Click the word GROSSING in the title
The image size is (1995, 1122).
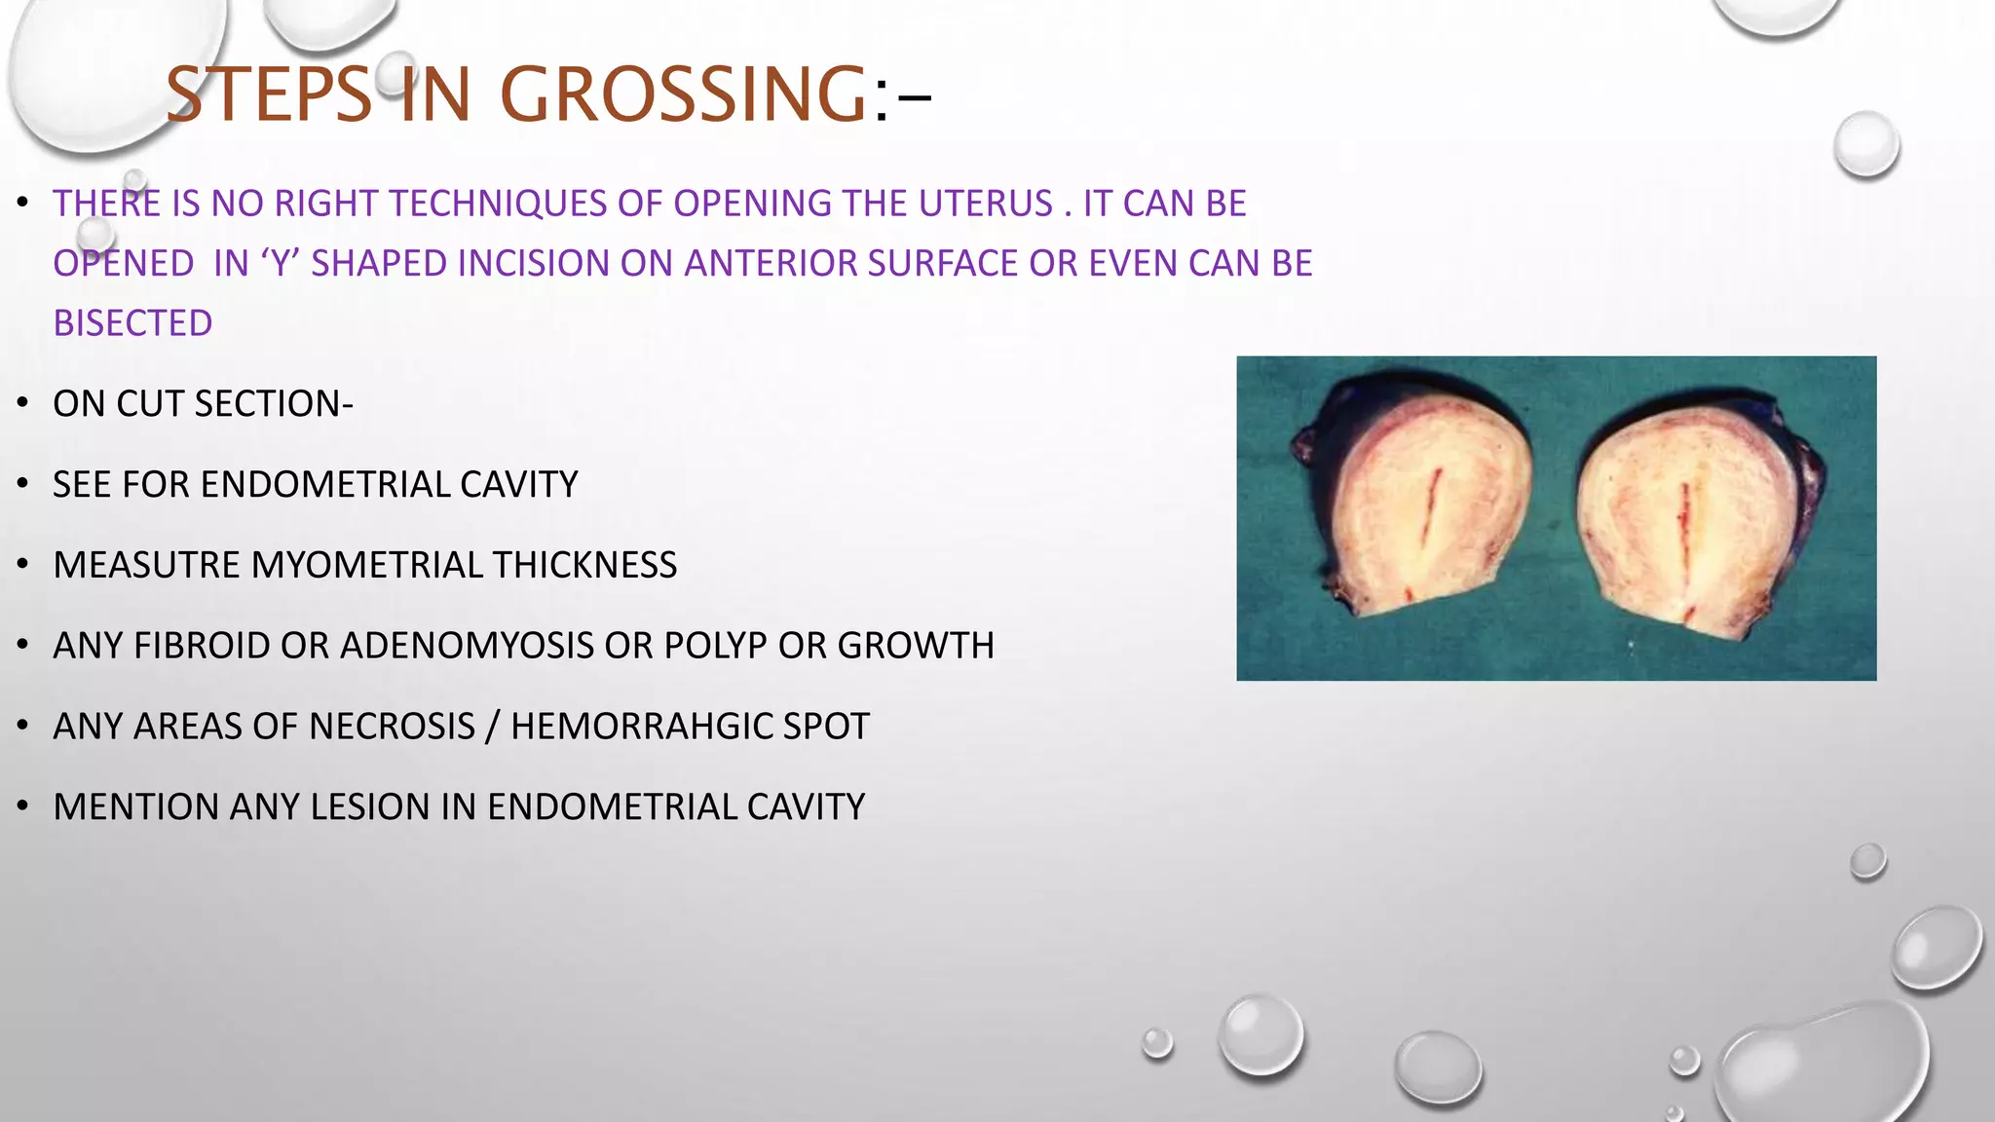click(682, 94)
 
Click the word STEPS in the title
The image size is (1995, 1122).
click(268, 94)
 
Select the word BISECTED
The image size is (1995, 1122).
click(132, 323)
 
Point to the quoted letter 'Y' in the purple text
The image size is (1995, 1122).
click(282, 263)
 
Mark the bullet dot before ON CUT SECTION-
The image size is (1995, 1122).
click(22, 404)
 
